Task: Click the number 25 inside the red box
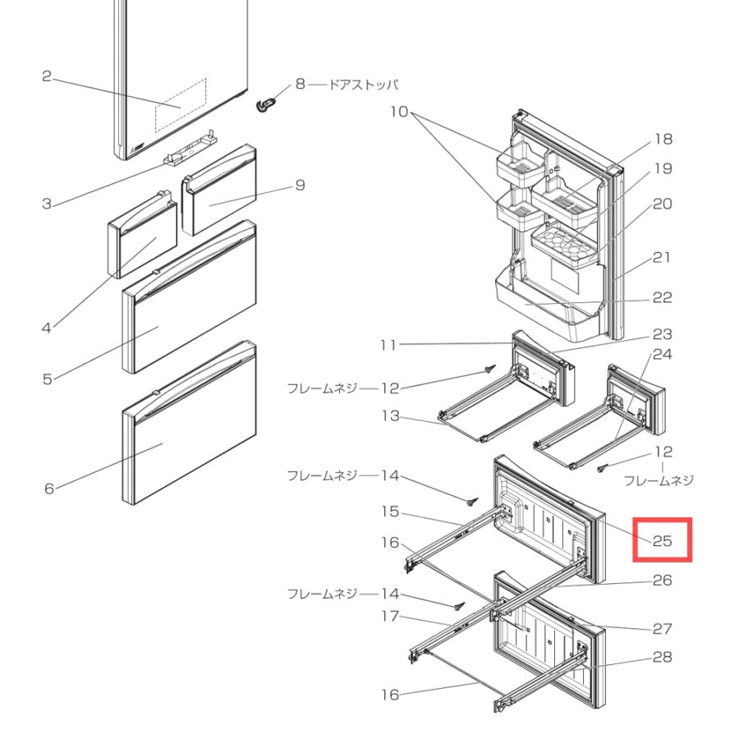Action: click(662, 540)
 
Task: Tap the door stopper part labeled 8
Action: click(265, 104)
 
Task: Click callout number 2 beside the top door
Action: click(46, 76)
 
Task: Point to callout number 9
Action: click(301, 186)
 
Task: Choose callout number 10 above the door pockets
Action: click(399, 112)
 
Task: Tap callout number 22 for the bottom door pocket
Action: click(662, 297)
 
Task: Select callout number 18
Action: click(663, 139)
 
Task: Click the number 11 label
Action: click(389, 345)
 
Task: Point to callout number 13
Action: click(391, 415)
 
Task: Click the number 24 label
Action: click(662, 354)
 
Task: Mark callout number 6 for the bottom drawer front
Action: click(49, 489)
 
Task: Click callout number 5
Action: click(47, 379)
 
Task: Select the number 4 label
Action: click(46, 328)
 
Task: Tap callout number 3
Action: click(46, 204)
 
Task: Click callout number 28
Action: click(662, 657)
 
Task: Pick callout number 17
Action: click(390, 616)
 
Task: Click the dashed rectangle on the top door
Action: click(181, 105)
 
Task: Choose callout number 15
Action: click(390, 512)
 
